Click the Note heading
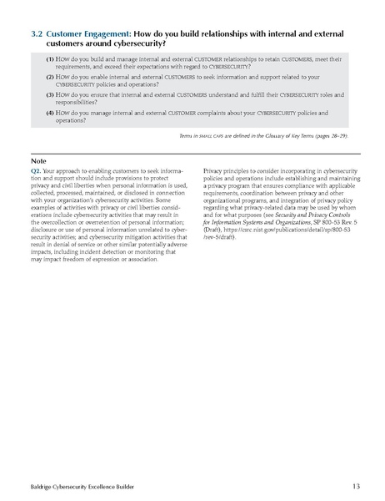click(x=37, y=160)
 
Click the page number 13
click(x=357, y=484)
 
